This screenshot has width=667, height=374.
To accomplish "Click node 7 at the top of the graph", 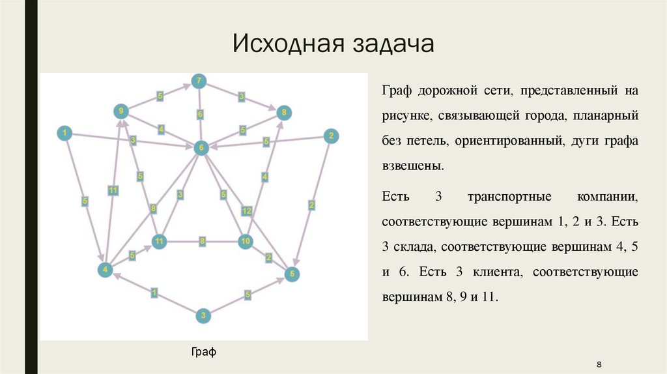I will [x=199, y=81].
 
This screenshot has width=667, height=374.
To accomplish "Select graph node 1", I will [x=64, y=134].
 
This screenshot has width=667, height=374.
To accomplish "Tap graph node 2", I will [x=330, y=136].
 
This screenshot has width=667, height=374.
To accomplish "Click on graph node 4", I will [x=104, y=268].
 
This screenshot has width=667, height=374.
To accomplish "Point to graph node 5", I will [x=292, y=274].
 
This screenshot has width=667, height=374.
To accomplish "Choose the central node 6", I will [x=201, y=148].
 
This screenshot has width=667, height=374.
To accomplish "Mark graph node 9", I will [x=121, y=111].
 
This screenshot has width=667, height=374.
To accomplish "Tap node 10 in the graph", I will [x=245, y=241].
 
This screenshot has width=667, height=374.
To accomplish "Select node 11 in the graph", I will [x=159, y=242].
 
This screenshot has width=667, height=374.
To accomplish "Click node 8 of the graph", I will [x=284, y=113].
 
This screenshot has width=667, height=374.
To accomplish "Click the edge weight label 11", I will [x=113, y=190].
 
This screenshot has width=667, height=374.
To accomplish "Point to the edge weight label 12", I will [x=247, y=210].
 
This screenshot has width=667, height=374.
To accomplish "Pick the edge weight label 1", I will [x=154, y=292].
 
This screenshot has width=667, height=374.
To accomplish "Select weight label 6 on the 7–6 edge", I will [x=200, y=115].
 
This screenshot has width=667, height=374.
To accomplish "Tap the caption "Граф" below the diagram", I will [x=203, y=352].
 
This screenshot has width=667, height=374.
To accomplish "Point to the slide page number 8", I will [x=599, y=364].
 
